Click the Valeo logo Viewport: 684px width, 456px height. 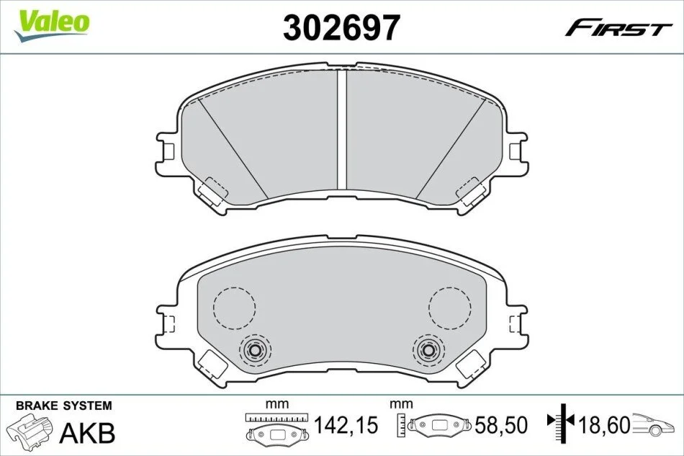[51, 24]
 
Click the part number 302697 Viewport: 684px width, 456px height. [341, 27]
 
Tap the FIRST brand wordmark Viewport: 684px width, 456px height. [618, 30]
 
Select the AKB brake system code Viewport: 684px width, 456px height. [87, 433]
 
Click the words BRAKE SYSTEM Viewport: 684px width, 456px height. [63, 406]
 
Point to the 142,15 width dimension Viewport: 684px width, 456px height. [346, 425]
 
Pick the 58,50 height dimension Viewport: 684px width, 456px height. [501, 425]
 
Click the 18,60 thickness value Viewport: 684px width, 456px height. [604, 425]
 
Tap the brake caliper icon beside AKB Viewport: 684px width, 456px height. [32, 431]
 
